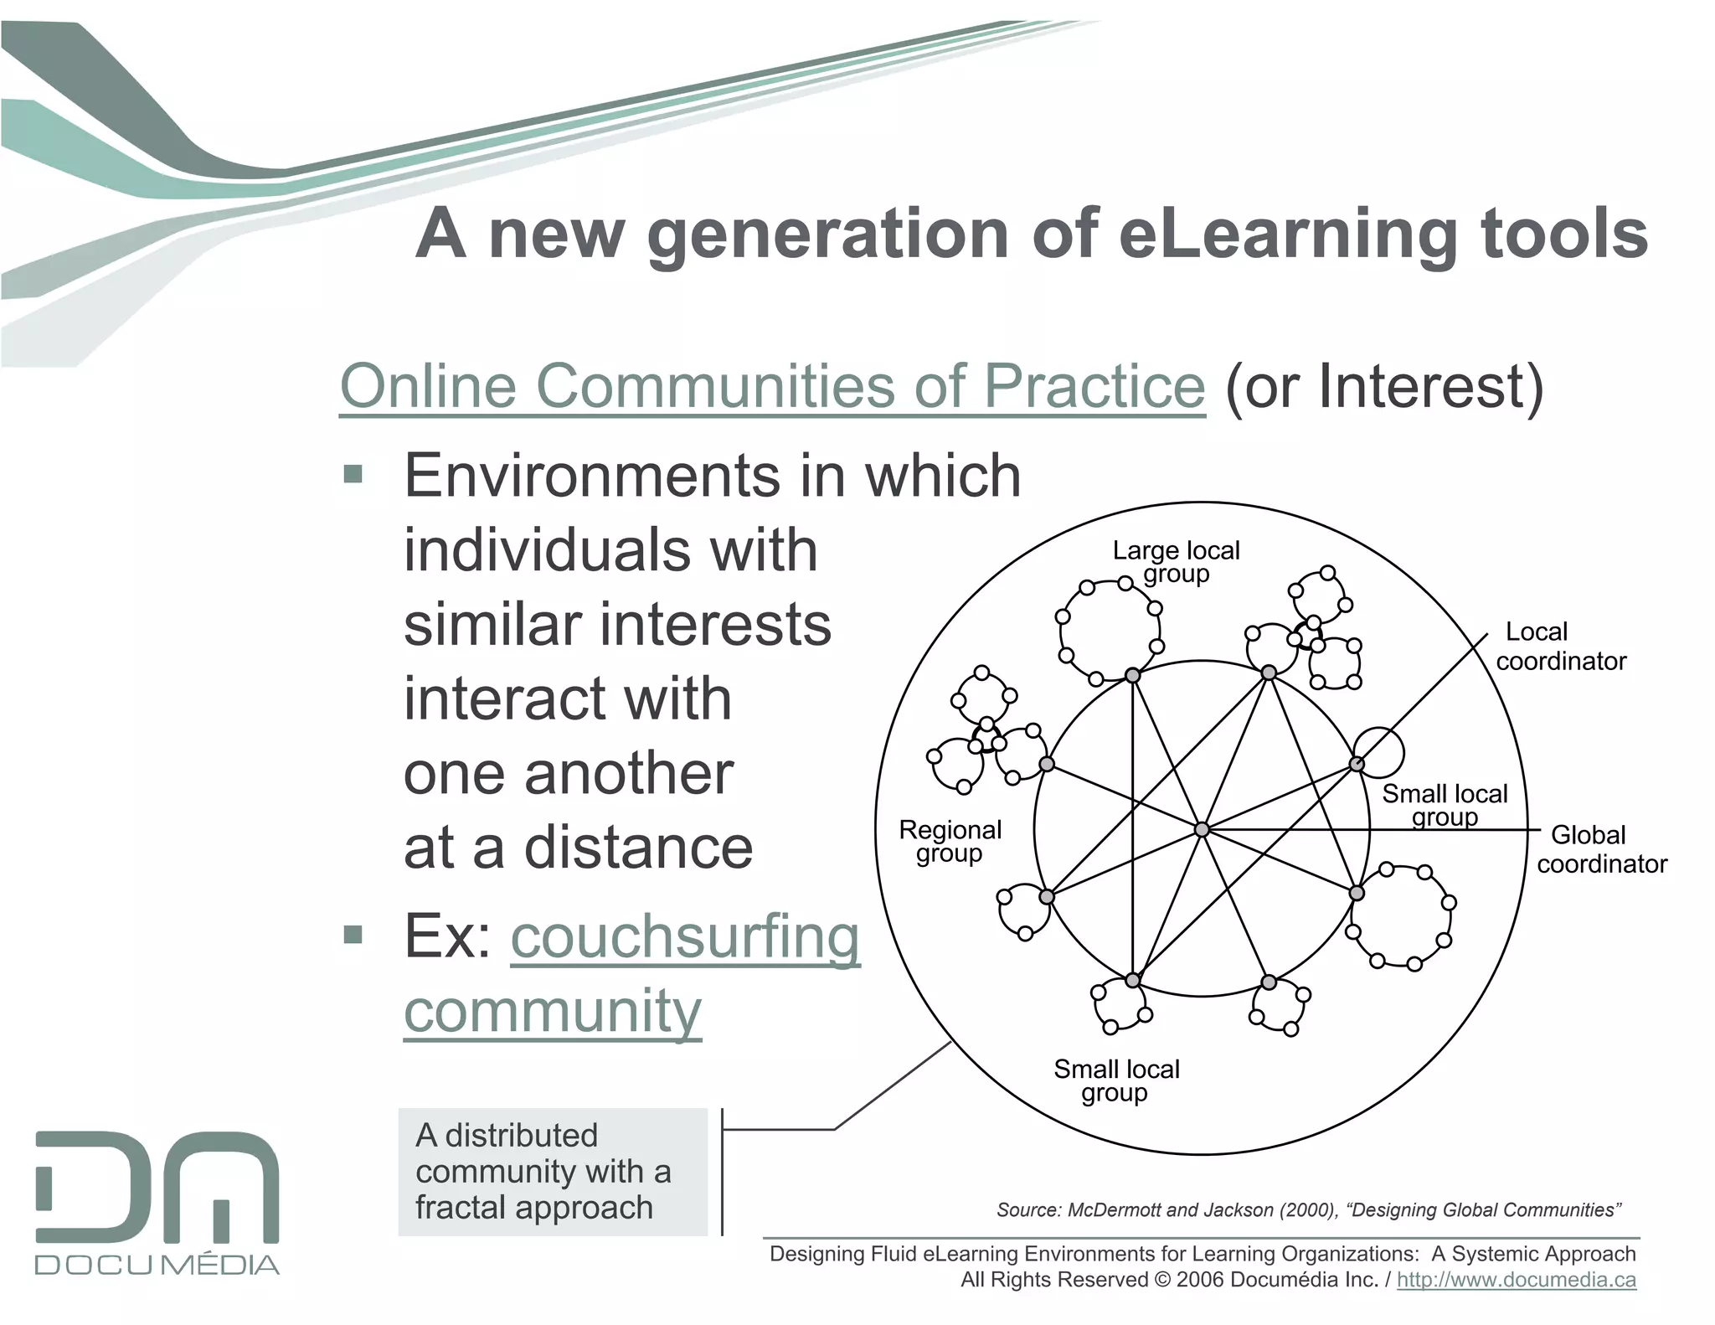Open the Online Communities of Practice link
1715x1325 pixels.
771,386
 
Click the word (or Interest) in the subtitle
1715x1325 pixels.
1383,386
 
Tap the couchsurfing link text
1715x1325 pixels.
685,937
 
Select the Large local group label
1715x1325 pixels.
1176,562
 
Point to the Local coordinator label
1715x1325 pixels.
1560,646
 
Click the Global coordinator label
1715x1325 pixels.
1601,848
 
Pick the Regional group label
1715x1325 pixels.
950,841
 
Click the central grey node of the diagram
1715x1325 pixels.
1202,829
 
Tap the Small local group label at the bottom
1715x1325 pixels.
1116,1080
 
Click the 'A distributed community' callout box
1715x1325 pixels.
553,1171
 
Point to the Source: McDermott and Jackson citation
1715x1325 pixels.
1308,1209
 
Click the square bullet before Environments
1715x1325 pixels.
353,476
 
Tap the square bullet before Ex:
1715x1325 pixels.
353,935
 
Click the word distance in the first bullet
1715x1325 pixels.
638,848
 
